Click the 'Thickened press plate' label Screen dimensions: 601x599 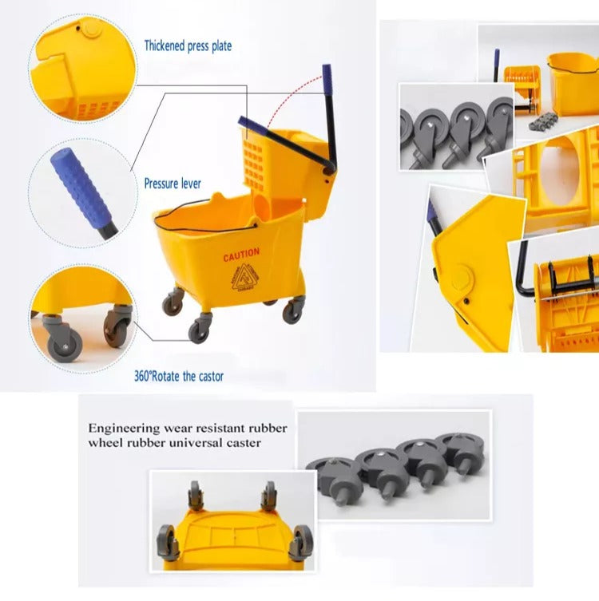(188, 46)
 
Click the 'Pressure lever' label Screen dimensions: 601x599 (173, 183)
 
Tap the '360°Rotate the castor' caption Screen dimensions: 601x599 (179, 375)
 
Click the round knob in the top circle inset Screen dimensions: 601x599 (93, 30)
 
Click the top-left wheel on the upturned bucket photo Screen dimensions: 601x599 (196, 495)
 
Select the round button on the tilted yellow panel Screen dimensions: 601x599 (461, 283)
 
